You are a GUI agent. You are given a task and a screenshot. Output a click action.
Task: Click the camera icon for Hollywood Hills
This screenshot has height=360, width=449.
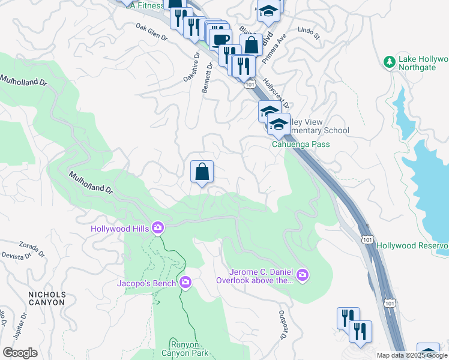coord(158,227)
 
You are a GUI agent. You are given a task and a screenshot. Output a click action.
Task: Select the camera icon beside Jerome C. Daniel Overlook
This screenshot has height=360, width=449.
coord(303,275)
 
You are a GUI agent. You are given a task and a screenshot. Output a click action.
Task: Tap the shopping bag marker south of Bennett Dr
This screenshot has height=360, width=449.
coord(202,172)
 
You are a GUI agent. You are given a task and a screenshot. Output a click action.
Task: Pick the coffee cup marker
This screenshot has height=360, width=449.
coord(221,40)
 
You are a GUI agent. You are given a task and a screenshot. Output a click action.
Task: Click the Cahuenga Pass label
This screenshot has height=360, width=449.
coord(300,144)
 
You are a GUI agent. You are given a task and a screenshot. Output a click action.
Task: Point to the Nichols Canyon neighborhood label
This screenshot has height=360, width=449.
coord(46,298)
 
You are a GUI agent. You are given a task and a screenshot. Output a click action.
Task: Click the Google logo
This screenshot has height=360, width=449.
coord(20,353)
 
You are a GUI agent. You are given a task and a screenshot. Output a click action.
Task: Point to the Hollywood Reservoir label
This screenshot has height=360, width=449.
coord(412,246)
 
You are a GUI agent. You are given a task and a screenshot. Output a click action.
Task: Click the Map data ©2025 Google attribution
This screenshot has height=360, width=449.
coord(412,355)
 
